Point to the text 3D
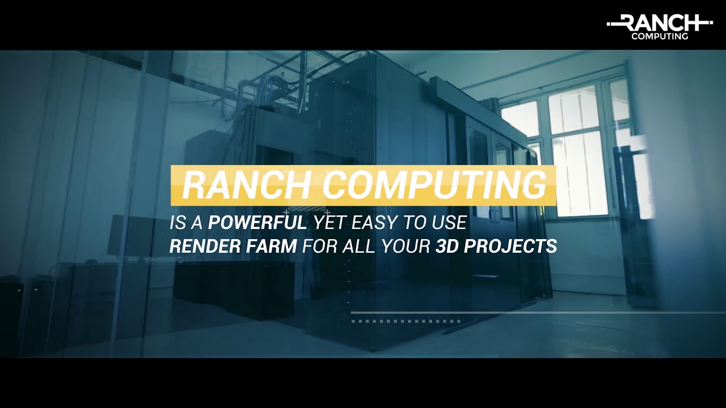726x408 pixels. click(447, 246)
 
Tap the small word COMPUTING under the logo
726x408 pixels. click(660, 36)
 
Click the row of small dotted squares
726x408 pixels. click(406, 321)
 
